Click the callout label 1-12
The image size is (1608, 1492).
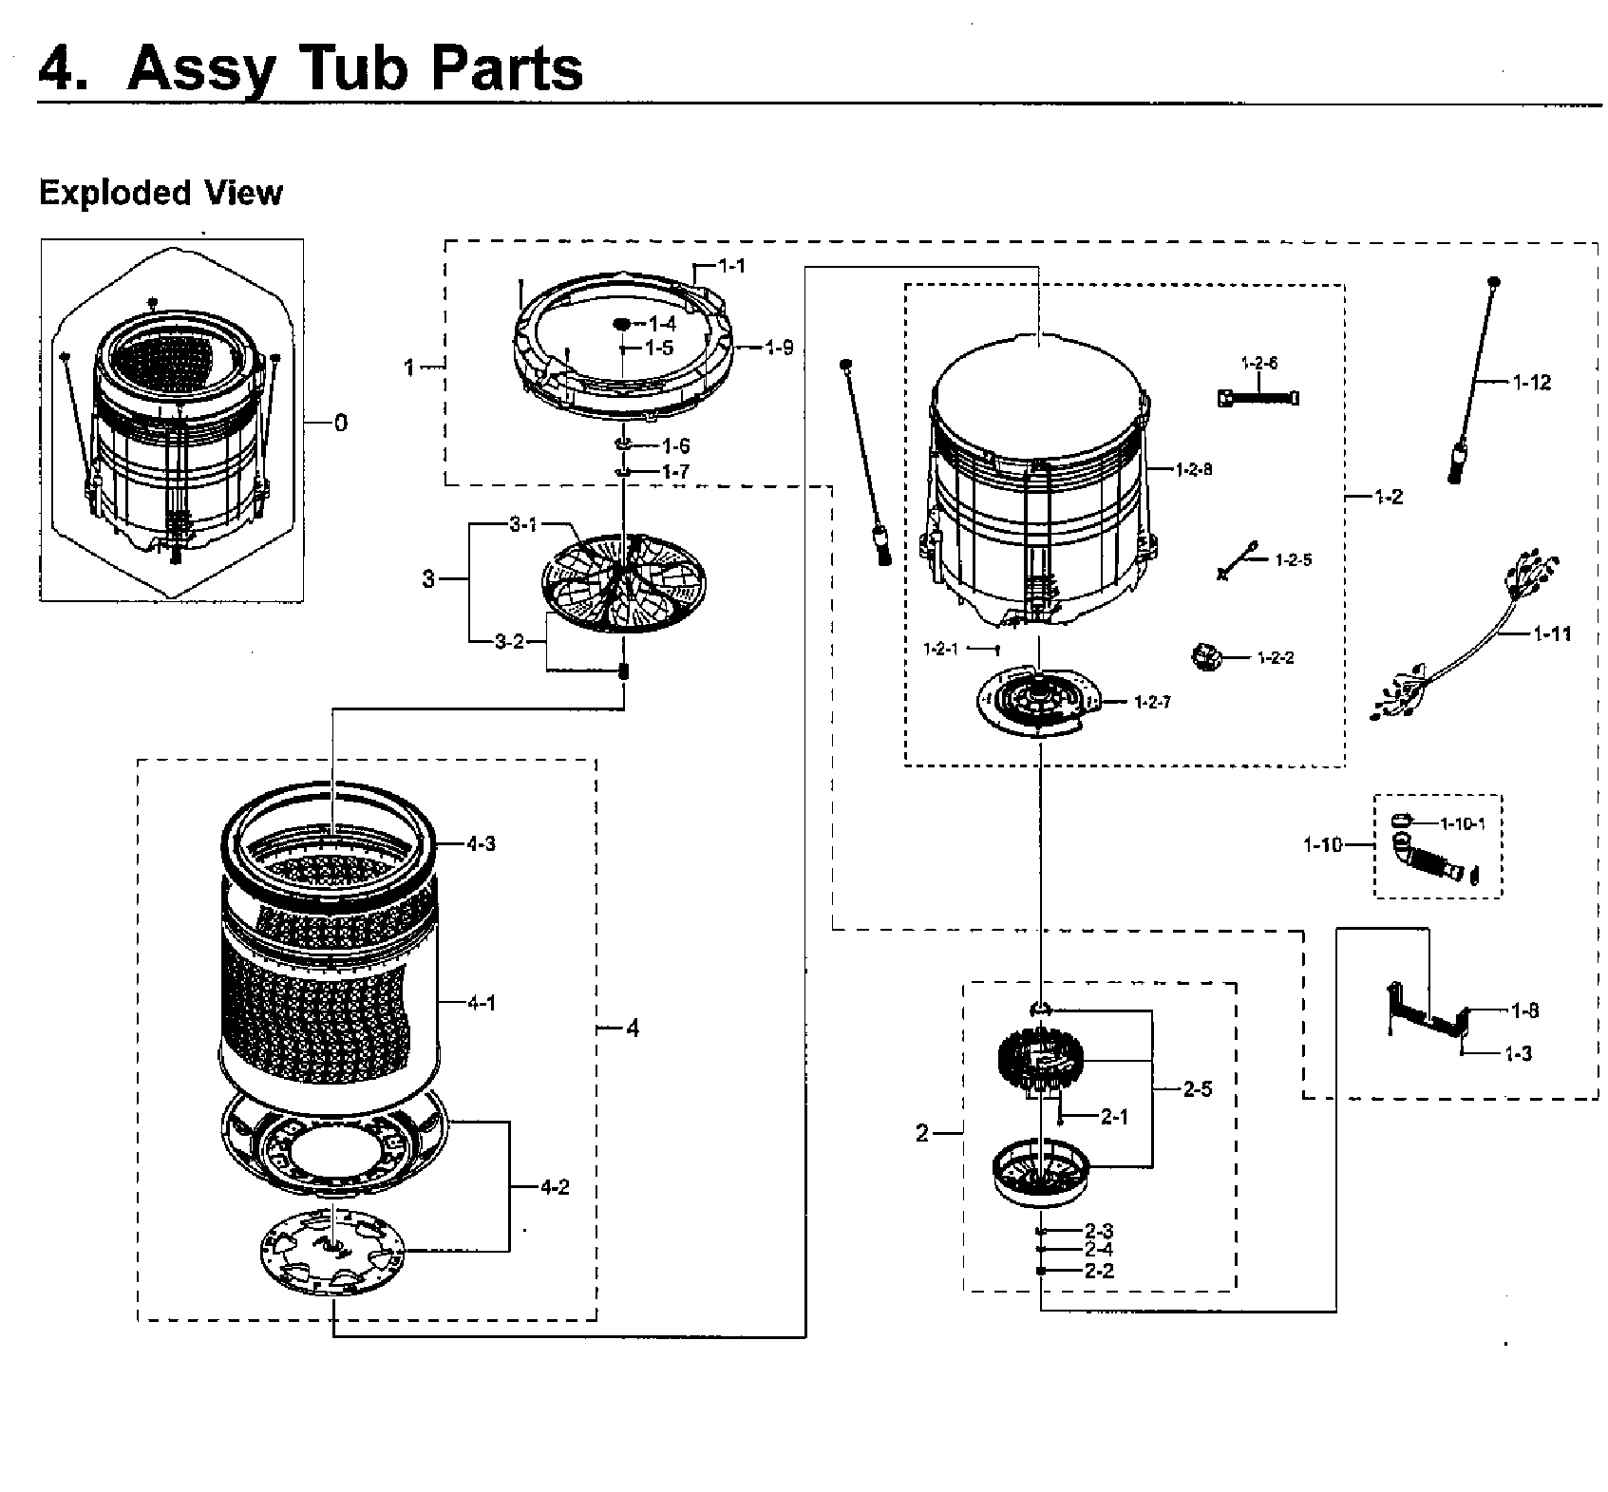click(1531, 383)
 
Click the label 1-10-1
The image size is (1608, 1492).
click(1462, 824)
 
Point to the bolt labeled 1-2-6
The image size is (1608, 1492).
click(1258, 398)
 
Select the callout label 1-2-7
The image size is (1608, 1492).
click(1152, 703)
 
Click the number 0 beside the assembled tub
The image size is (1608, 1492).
click(341, 423)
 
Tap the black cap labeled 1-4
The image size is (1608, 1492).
click(622, 324)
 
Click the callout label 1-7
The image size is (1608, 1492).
click(675, 472)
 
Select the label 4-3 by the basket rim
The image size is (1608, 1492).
click(481, 843)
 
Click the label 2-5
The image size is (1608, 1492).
click(1197, 1089)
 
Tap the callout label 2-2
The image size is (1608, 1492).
click(1099, 1271)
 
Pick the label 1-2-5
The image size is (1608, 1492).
click(1293, 560)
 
